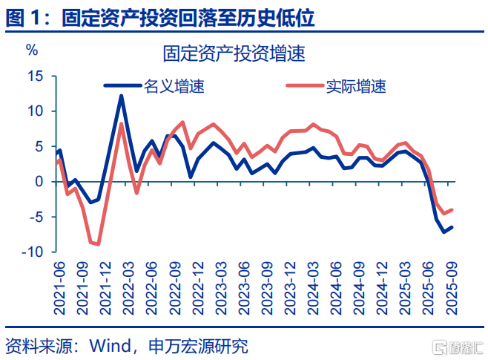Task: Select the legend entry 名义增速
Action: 173,86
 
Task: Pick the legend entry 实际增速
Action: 355,86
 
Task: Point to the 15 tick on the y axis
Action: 36,76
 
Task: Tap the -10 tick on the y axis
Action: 33,252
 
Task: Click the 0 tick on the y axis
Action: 40,182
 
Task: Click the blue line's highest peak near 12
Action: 121,96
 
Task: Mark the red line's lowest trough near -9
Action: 98,244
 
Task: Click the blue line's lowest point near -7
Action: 444,232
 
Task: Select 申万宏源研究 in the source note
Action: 198,346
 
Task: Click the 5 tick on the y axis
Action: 40,146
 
